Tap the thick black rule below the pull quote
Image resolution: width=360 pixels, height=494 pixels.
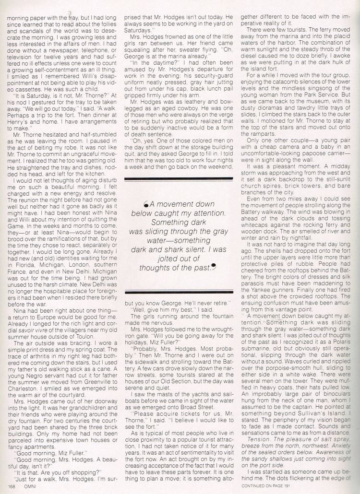[x=179, y=292]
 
